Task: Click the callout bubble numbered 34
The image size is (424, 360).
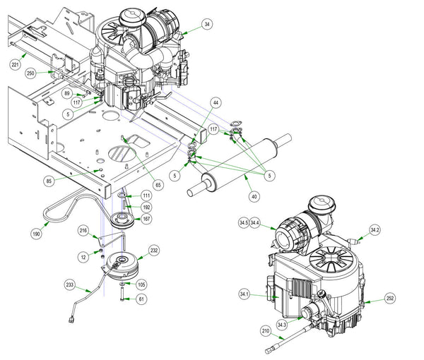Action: tap(207, 25)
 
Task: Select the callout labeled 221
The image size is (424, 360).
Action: tap(15, 64)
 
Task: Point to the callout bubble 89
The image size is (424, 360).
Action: tap(67, 92)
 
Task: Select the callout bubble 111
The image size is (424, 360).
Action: tap(146, 195)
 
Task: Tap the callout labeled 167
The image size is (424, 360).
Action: tap(146, 220)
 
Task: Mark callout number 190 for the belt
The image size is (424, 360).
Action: tap(35, 232)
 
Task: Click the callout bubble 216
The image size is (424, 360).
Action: tap(83, 231)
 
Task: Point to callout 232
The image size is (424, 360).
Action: tap(153, 249)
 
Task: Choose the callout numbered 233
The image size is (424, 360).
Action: tap(70, 285)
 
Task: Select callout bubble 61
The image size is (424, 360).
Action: tap(141, 299)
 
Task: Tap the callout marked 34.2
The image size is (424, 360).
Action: tap(375, 229)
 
